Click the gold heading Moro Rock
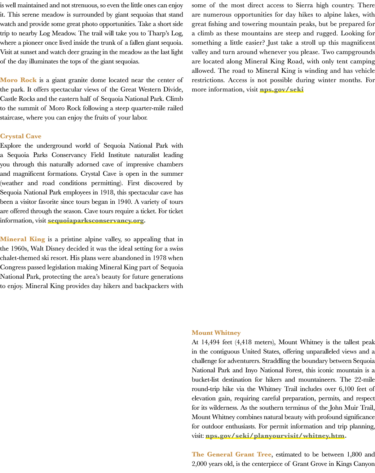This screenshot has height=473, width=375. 18,80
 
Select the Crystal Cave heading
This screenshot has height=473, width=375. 21,136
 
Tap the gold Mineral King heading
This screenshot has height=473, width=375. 22,239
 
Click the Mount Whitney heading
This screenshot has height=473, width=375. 216,333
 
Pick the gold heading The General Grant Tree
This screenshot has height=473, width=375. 231,454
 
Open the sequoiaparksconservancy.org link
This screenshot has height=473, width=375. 96,220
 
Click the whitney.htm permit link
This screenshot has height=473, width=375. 275,436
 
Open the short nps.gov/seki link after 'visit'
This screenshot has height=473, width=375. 282,90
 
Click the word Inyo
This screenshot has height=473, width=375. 251,370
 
